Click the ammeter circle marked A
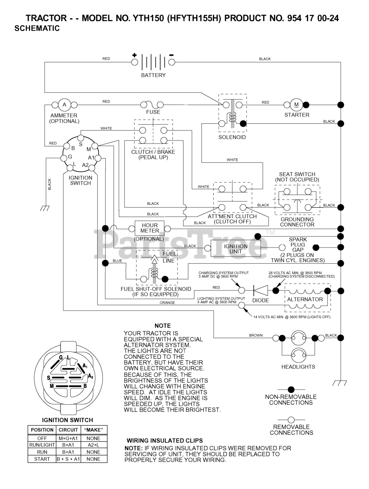64,105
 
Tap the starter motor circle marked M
296,105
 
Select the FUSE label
153,112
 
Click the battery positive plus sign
134,55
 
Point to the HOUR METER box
150,228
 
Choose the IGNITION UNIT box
236,249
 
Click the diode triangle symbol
261,290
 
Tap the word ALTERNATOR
305,300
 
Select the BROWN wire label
256,335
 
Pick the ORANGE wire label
167,303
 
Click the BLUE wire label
117,261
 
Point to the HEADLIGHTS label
298,367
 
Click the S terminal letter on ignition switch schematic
81,144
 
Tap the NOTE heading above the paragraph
163,326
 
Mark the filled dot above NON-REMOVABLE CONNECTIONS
291,390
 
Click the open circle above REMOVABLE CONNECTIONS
291,420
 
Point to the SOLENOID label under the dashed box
232,137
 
